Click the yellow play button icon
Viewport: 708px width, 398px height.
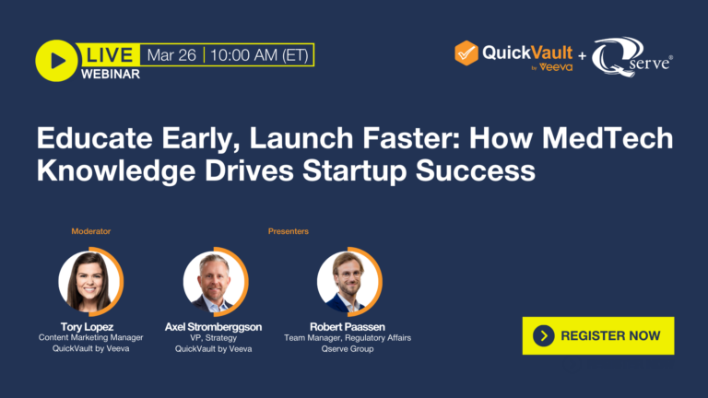coord(55,61)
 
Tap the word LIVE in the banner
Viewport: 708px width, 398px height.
coord(110,54)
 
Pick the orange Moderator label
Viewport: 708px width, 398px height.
coord(91,231)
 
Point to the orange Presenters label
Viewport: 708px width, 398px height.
coord(288,231)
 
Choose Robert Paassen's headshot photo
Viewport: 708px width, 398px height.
coord(348,281)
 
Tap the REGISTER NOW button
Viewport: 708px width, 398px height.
coord(597,335)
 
